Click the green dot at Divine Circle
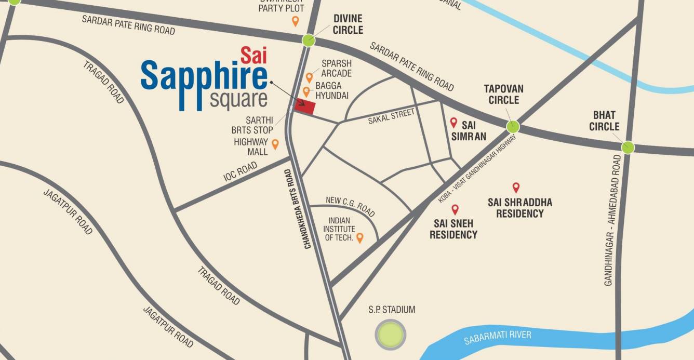tap(309, 40)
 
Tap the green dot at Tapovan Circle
tap(513, 126)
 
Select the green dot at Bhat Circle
tap(628, 147)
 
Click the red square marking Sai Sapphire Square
tap(305, 106)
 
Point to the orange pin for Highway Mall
tap(275, 144)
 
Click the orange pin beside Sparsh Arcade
tap(309, 77)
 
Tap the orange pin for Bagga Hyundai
tap(306, 92)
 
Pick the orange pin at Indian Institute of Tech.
tap(359, 238)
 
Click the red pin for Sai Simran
tap(453, 123)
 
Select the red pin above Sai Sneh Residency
tap(455, 209)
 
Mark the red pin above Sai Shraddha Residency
tap(516, 188)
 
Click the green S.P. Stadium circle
tap(391, 335)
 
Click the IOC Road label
tap(240, 171)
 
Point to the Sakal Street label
tap(391, 116)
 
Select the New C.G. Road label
tap(350, 206)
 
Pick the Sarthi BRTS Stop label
tap(252, 125)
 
